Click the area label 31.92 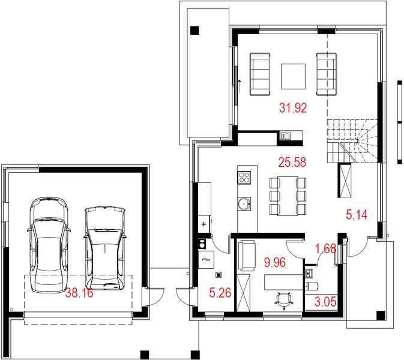pos(293,109)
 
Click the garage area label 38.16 pos(80,294)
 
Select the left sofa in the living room pos(260,74)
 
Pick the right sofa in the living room pos(325,74)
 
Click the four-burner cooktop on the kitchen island pos(245,178)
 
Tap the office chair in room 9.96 pos(284,298)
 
